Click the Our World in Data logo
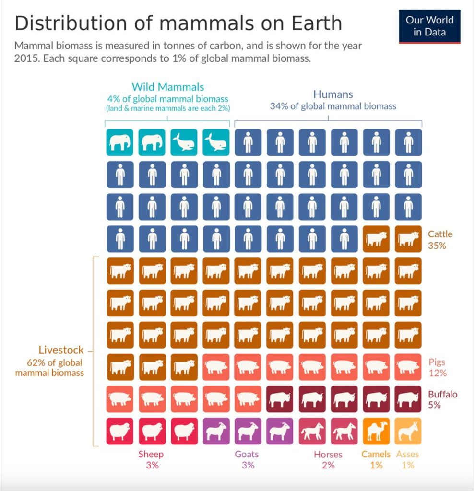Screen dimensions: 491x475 429,26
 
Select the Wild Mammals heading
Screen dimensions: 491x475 168,87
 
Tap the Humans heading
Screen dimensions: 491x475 333,94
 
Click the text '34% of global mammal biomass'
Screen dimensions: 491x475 333,106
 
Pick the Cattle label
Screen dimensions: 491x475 440,234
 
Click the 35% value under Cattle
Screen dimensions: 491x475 437,245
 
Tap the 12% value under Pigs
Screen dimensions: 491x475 437,373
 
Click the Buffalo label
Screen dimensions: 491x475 442,395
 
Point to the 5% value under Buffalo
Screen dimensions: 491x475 435,405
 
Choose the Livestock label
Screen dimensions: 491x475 61,350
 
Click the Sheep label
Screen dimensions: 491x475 151,454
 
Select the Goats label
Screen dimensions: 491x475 247,454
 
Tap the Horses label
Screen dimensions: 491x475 328,454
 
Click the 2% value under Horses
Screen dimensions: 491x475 328,465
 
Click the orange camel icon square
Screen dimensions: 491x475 376,431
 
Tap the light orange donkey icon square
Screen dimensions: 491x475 408,431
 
